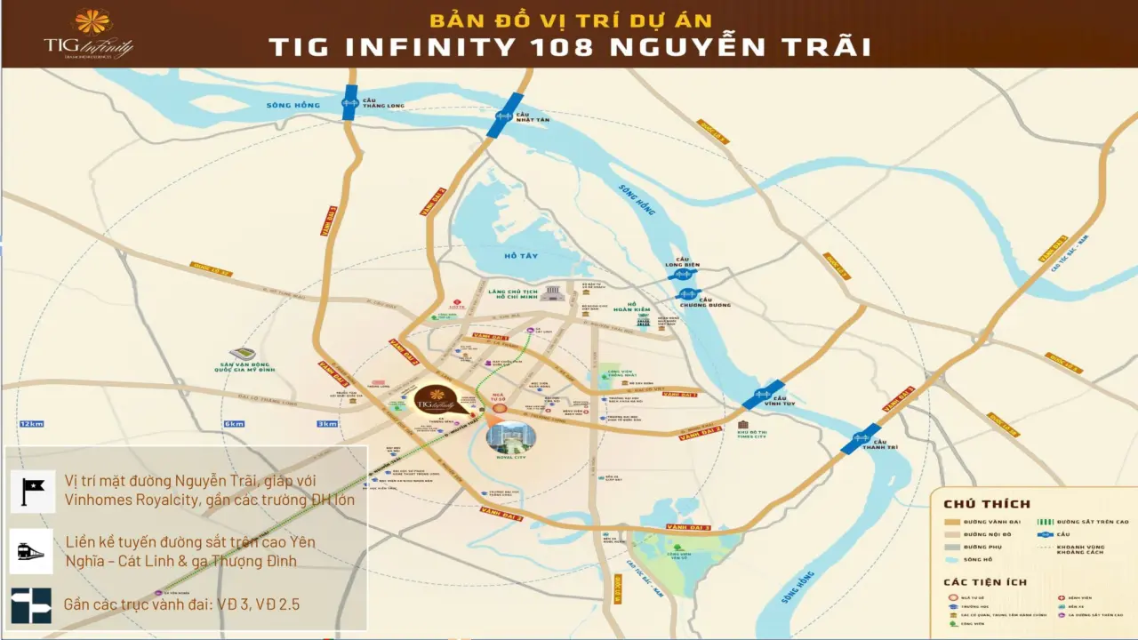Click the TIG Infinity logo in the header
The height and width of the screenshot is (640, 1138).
click(89, 34)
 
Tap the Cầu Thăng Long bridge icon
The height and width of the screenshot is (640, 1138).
click(350, 102)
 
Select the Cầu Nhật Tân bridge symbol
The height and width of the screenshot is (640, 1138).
click(505, 116)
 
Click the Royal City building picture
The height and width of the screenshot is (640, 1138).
click(510, 436)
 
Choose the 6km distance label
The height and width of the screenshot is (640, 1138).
click(234, 424)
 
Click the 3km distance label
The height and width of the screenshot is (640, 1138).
click(327, 424)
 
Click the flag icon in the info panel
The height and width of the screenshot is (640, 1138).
click(32, 490)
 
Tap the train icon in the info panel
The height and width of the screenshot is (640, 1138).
click(32, 551)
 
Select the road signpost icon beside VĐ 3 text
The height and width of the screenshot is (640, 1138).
click(32, 604)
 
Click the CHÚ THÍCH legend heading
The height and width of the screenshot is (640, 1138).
click(987, 505)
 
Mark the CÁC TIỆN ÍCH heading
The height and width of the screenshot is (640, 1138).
click(985, 582)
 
